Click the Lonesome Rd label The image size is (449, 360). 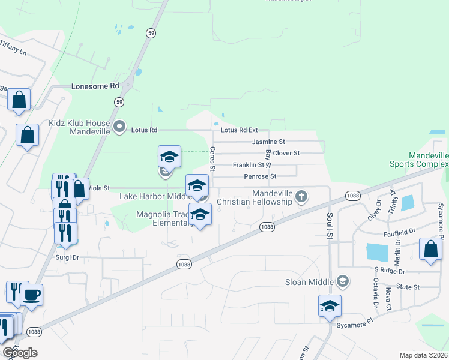coord(95,86)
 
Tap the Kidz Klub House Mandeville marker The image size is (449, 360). coord(119,127)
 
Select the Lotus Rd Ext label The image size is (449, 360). coord(239,130)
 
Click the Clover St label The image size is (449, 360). coord(286,153)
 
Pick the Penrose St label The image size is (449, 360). coord(260,176)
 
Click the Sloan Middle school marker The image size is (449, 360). coord(343,281)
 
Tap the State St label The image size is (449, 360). coord(408,287)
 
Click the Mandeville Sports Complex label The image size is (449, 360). coord(429,159)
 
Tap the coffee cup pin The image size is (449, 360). coord(31,295)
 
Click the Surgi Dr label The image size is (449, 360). coord(67,257)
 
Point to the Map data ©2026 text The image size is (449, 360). coord(423,355)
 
